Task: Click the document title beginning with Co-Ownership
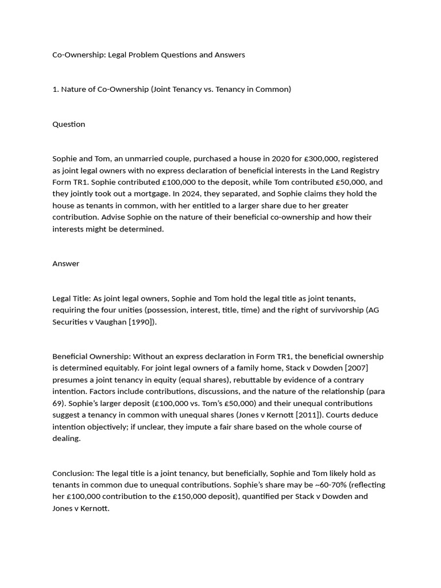pos(148,55)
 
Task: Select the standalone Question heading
pos(68,124)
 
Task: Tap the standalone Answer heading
pos(65,264)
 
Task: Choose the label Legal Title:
pos(72,299)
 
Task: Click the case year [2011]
pos(304,415)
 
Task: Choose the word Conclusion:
pos(73,473)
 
